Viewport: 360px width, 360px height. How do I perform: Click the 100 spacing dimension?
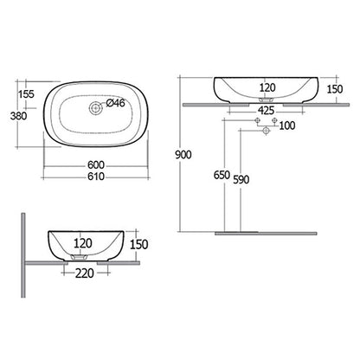[286, 126]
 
